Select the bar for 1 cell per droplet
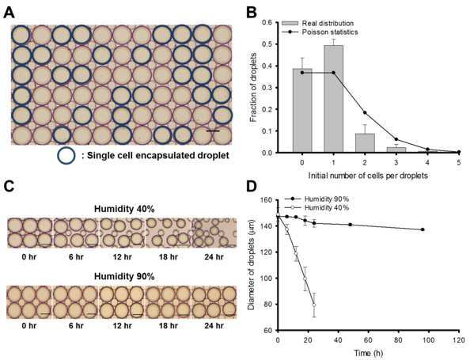(x=333, y=99)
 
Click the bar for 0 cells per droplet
(x=302, y=111)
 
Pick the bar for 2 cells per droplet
(x=365, y=143)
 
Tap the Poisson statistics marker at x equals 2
(x=365, y=112)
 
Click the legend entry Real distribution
(x=318, y=24)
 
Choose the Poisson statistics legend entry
(x=320, y=32)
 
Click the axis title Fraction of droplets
(x=253, y=88)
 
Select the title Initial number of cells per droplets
(x=368, y=176)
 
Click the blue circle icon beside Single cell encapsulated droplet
(x=66, y=155)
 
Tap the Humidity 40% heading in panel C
(x=124, y=209)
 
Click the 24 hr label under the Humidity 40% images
(x=214, y=257)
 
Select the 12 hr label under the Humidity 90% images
(x=123, y=325)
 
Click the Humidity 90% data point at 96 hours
(x=423, y=229)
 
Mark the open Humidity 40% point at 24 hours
(x=314, y=305)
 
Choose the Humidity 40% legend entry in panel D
(x=316, y=207)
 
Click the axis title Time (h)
(x=369, y=353)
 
